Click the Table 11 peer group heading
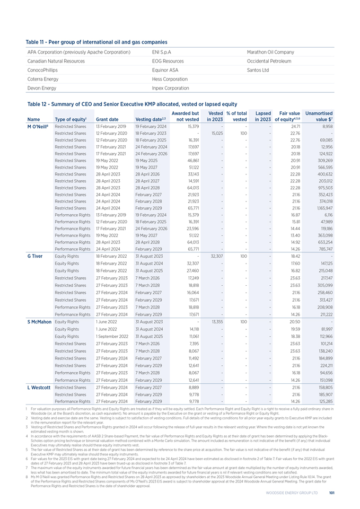coord(96,41)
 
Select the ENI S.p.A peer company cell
coord(160,52)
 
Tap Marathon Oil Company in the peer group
coord(270,52)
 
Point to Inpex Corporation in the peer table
coord(167,88)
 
